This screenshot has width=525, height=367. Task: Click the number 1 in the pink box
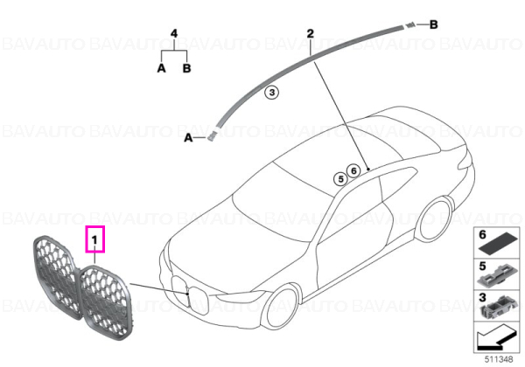(x=94, y=239)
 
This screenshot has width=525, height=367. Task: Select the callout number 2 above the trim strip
(x=311, y=33)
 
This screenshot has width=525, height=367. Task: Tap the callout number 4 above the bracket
(x=174, y=33)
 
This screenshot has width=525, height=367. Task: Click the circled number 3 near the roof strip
(x=272, y=92)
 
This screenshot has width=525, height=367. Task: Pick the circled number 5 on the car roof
(x=341, y=179)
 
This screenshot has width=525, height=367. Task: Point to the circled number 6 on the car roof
(x=353, y=170)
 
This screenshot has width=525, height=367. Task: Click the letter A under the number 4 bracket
(x=161, y=68)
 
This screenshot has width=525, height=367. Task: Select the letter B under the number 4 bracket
(x=187, y=68)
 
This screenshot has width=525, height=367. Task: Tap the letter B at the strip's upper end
(x=434, y=24)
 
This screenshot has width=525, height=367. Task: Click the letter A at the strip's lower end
(x=188, y=137)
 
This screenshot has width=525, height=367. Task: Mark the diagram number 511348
(x=499, y=359)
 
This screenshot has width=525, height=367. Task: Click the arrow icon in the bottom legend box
(x=495, y=338)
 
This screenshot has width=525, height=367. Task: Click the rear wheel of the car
(x=435, y=219)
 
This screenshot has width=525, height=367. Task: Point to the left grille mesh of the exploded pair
(x=56, y=276)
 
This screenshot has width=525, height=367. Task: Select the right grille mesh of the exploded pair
(x=106, y=302)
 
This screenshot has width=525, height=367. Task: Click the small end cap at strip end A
(x=211, y=136)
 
